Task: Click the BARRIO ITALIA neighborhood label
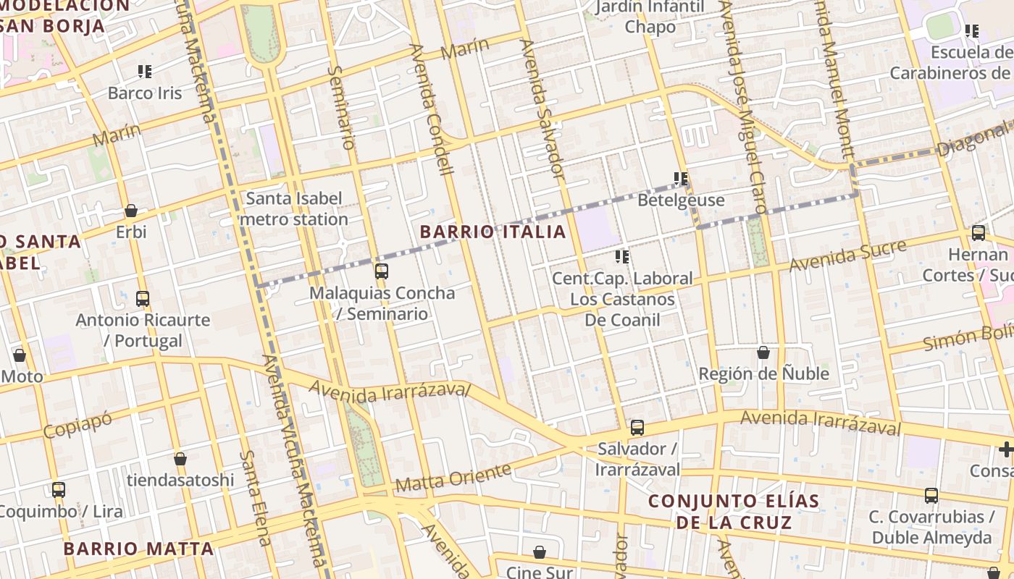click(493, 232)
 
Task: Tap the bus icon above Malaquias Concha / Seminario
click(381, 271)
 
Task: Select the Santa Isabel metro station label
click(294, 208)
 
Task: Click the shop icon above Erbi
click(131, 211)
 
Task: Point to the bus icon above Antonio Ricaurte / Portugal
click(143, 298)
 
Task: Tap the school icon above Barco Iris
click(145, 72)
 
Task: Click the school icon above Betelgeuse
click(681, 178)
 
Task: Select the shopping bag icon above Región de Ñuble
click(763, 352)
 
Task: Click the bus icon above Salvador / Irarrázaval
click(637, 427)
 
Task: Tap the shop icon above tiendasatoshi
click(180, 459)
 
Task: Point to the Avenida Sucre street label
click(847, 256)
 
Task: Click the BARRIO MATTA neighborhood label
click(138, 549)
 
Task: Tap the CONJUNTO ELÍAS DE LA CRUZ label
click(734, 511)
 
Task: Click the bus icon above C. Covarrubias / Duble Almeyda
click(931, 496)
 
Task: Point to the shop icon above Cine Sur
click(540, 552)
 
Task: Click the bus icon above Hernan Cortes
click(979, 233)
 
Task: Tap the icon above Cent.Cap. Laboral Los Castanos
click(622, 257)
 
